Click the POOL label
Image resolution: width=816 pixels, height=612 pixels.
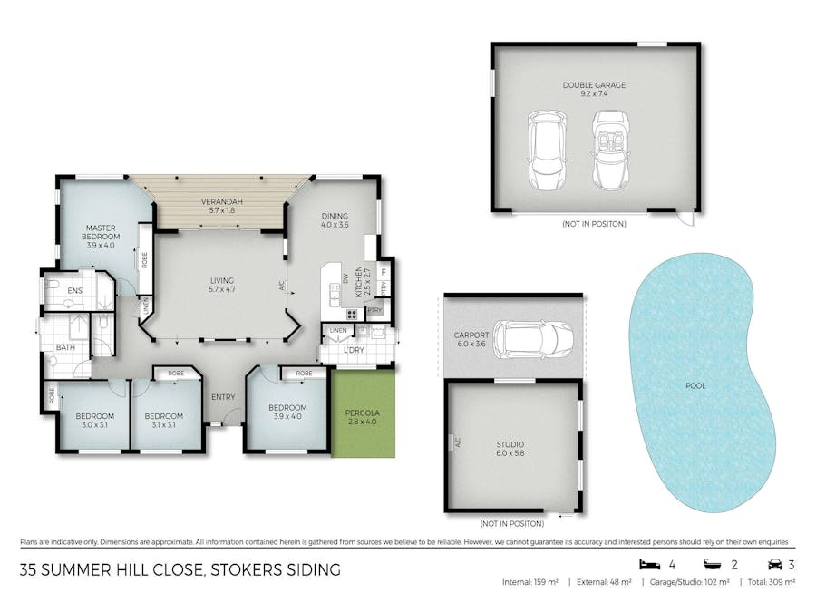pos(696,385)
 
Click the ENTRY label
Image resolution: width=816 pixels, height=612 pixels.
pos(223,397)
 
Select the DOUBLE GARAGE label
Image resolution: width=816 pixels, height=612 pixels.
pos(594,85)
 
